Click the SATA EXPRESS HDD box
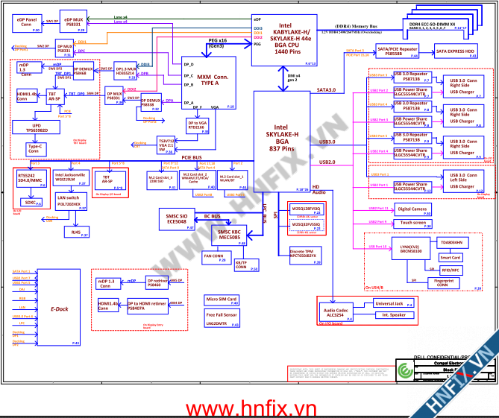tap(454, 52)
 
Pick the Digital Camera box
tap(412, 209)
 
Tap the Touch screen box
tap(412, 223)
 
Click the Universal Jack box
tap(389, 304)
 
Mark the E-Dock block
tap(59, 308)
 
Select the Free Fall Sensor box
tap(221, 317)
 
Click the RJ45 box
tap(75, 232)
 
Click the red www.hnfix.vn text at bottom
tap(250, 408)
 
